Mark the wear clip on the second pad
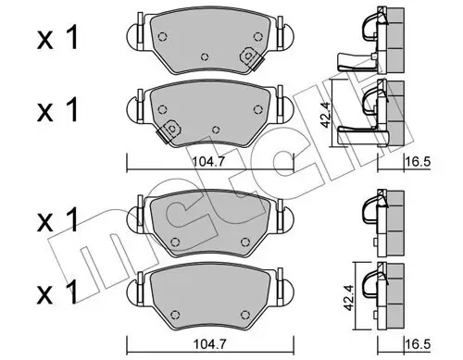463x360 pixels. (x=169, y=132)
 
